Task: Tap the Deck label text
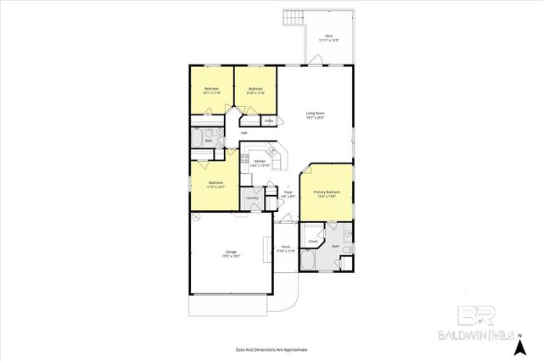coord(328,37)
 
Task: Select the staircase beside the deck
coord(294,18)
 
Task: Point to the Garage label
coord(231,253)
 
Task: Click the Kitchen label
coord(260,163)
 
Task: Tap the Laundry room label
coord(252,198)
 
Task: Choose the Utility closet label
coord(269,120)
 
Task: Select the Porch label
coord(286,249)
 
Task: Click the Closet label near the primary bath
coord(312,242)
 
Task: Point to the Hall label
coord(244,133)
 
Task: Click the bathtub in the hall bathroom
coord(197,136)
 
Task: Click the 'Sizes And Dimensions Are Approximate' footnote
coord(271,349)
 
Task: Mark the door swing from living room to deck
coord(315,60)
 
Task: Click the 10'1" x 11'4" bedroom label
coord(212,91)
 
